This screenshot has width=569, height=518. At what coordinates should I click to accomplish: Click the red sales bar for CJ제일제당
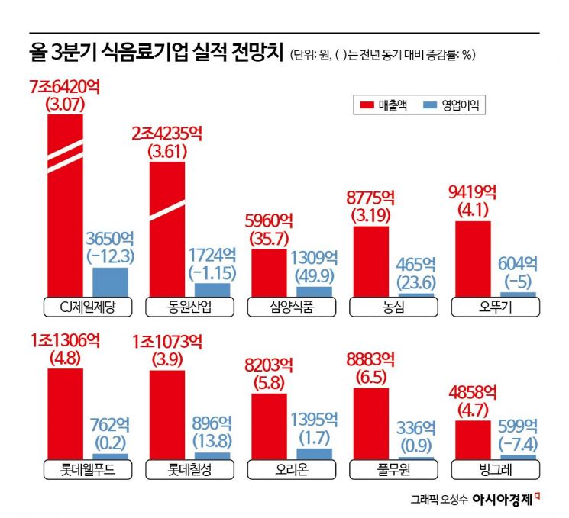64,206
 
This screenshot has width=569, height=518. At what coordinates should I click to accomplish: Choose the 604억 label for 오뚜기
517,264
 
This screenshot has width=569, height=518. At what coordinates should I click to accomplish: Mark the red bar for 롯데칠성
166,413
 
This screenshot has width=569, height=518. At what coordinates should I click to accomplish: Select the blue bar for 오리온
314,453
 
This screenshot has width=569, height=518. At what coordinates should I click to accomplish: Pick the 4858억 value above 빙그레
473,393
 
